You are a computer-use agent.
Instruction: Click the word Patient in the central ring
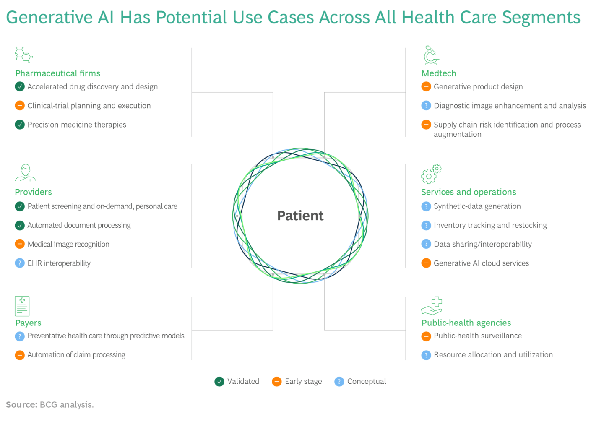tap(300, 216)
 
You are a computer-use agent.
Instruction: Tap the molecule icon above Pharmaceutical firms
tap(23, 55)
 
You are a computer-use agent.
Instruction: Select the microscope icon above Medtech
tap(430, 55)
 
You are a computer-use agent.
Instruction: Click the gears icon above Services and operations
tap(431, 174)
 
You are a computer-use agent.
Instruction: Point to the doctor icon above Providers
tap(26, 173)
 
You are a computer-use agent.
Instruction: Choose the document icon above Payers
tap(22, 306)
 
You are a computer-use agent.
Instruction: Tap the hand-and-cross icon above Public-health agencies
tap(432, 306)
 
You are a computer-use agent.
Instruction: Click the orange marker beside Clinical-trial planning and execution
tap(20, 106)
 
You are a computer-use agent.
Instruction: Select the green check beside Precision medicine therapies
tap(20, 125)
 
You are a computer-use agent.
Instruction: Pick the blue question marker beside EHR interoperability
tap(20, 263)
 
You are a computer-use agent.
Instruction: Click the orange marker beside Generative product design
tap(426, 87)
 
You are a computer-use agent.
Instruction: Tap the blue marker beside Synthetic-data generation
tap(426, 206)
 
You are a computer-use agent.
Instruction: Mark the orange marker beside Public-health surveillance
tap(426, 336)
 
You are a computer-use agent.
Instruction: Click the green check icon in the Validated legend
tap(219, 381)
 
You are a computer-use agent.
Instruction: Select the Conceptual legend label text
tap(367, 381)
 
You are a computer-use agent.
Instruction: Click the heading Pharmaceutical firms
tap(58, 73)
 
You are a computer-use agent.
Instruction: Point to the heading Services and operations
tap(469, 192)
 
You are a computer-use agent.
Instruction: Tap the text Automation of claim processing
tap(76, 355)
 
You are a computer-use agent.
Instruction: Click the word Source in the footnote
tap(21, 405)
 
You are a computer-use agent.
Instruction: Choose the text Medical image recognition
tap(68, 244)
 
